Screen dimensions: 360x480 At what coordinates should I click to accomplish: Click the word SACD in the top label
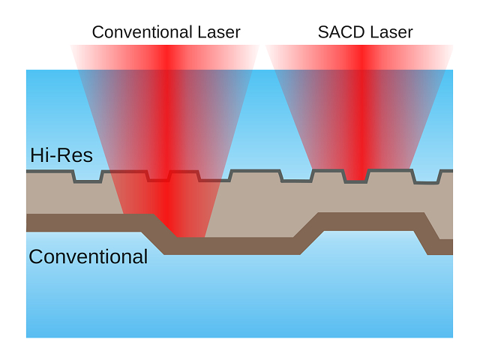tap(336, 31)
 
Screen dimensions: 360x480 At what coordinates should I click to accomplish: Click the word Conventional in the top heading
tap(139, 31)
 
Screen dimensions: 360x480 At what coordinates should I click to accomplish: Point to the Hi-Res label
tap(61, 156)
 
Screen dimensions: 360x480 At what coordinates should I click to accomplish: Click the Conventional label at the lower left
tap(88, 256)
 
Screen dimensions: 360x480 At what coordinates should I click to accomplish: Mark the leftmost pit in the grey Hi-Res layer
tap(88, 178)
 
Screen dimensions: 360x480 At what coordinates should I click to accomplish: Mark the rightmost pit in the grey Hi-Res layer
tap(428, 178)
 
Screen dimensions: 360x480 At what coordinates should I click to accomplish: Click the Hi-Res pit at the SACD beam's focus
tap(355, 178)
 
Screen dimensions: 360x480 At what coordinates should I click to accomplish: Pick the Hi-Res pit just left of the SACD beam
tap(296, 178)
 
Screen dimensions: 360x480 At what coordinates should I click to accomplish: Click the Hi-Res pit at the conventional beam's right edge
tap(214, 178)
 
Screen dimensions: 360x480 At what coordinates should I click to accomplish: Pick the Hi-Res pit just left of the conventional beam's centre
tap(159, 178)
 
